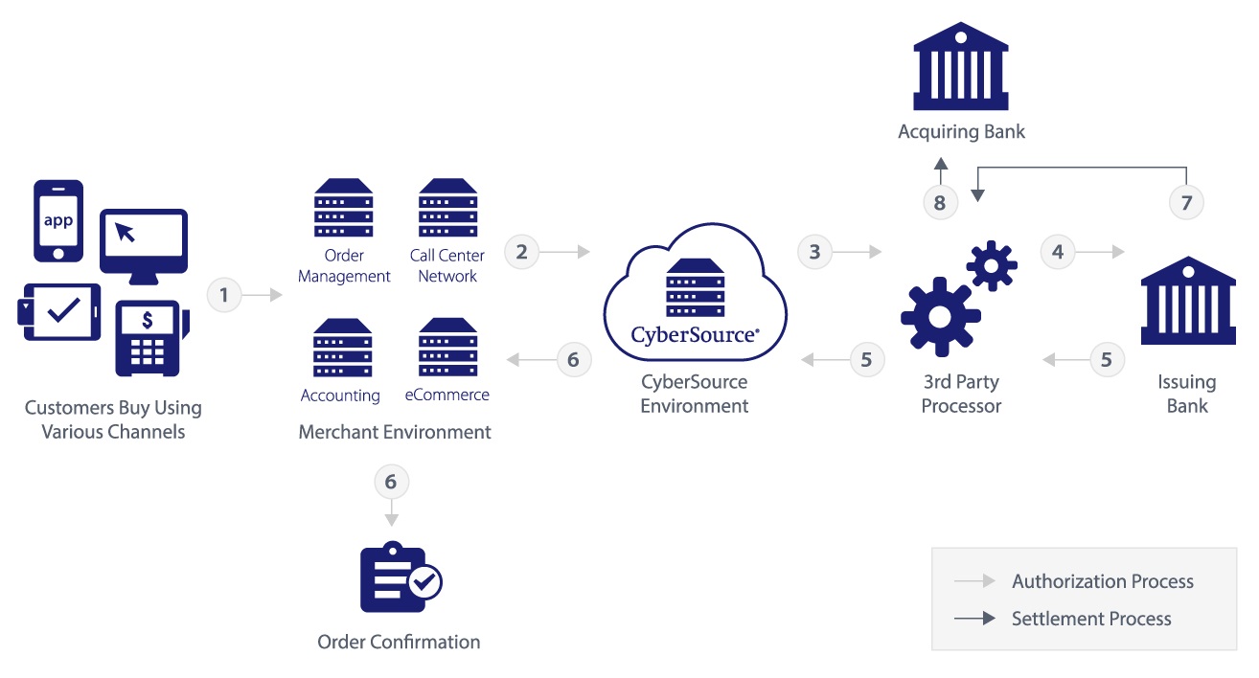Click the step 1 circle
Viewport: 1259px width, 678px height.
tap(224, 295)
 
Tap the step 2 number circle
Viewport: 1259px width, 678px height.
tap(521, 252)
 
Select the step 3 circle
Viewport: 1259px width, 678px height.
tap(814, 252)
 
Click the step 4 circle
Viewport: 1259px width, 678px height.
tap(1058, 252)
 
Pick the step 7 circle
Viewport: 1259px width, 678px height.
tap(1186, 202)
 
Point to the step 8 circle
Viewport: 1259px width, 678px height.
tap(940, 202)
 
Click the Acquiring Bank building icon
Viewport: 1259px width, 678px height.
tap(961, 66)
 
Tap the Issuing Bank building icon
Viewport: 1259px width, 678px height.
tap(1188, 301)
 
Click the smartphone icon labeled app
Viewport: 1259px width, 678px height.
tap(58, 221)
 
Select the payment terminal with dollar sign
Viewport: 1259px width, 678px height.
tap(150, 338)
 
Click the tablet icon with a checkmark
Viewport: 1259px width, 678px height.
tap(59, 312)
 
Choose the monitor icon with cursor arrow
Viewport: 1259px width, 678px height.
tap(144, 246)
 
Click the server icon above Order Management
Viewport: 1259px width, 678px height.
tap(343, 208)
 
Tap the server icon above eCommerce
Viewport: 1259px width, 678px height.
tap(448, 348)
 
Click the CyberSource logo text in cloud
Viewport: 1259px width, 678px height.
tap(695, 335)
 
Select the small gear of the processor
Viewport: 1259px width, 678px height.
tap(992, 265)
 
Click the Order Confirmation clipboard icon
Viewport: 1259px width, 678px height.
tap(401, 576)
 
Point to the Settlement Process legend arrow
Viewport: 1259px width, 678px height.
tap(974, 619)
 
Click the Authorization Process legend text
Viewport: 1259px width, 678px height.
tap(1103, 581)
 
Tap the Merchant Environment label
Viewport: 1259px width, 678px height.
tap(395, 432)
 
